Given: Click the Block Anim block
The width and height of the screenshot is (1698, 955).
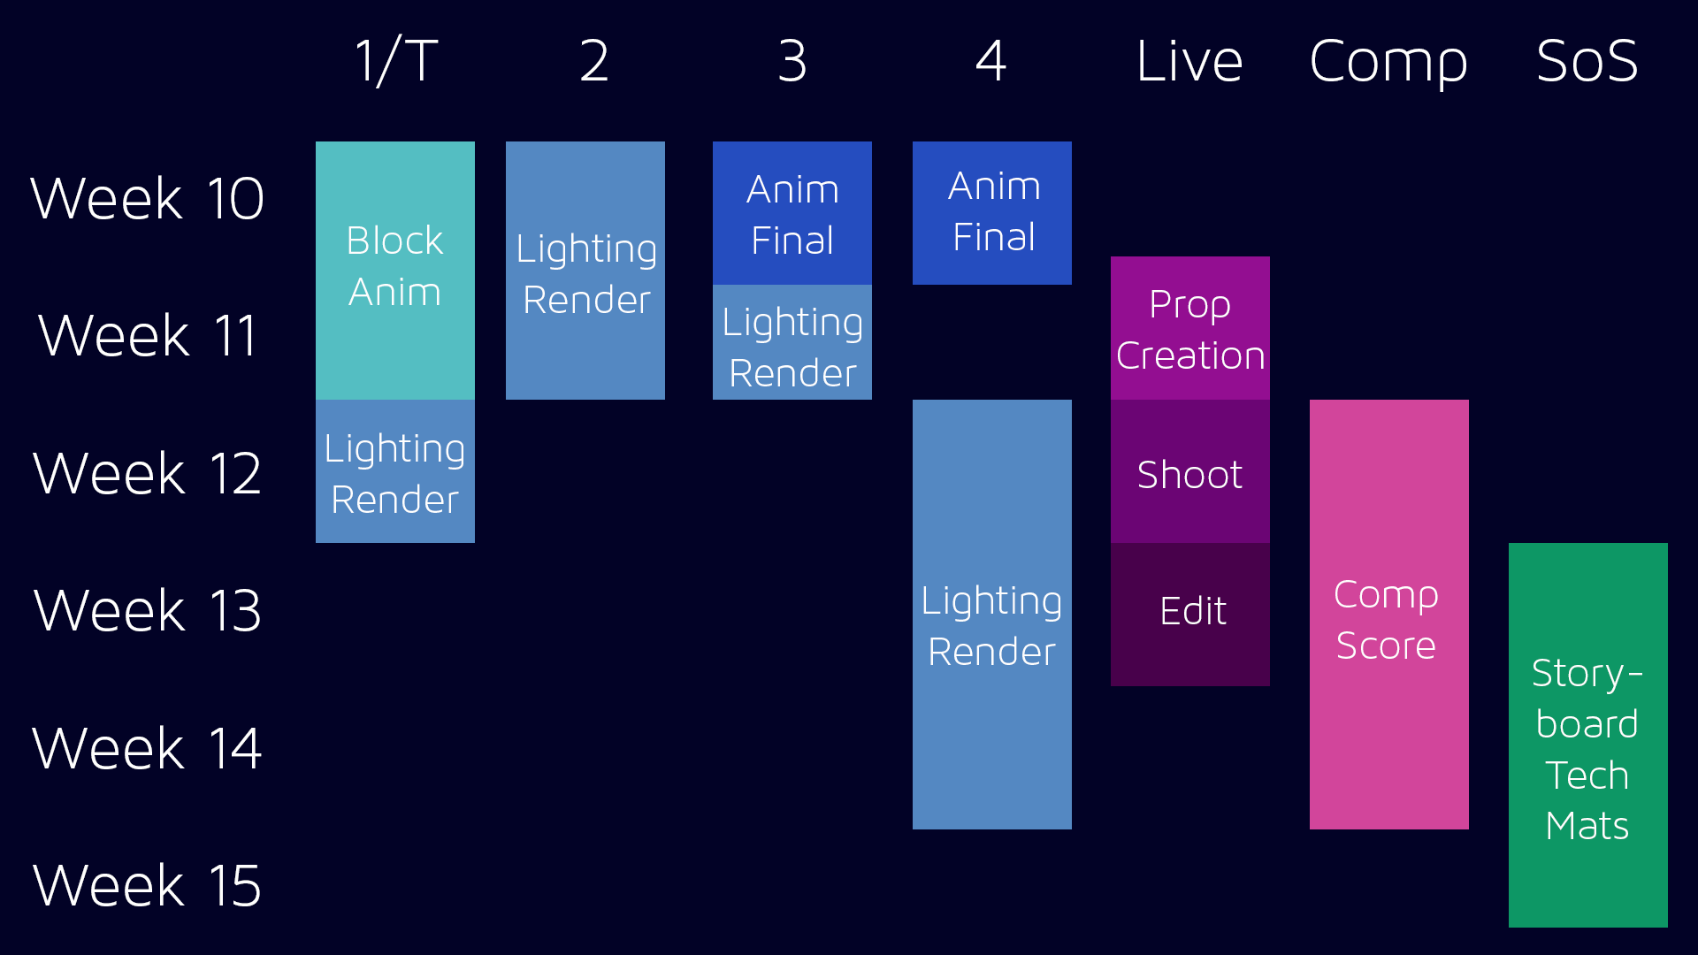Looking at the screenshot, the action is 395,271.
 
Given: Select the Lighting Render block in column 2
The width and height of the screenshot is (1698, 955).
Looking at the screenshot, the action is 585,271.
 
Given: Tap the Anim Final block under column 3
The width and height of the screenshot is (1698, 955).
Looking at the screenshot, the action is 792,213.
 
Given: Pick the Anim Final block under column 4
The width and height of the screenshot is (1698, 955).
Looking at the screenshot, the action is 992,213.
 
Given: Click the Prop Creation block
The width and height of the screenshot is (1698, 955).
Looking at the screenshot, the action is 1190,328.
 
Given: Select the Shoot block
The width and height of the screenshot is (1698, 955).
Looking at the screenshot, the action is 1190,471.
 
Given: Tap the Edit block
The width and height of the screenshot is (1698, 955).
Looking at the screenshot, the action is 1190,615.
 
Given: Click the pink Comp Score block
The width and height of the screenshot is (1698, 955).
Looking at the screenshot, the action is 1389,615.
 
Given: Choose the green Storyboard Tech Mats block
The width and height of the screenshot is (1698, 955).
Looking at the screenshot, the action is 1588,735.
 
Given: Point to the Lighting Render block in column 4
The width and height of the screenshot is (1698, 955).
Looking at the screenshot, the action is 992,615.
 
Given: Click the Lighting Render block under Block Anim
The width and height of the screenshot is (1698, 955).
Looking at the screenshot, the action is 395,471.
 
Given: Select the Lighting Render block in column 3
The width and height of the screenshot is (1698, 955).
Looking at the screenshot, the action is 792,342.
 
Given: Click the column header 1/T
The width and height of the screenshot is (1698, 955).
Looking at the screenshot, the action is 396,61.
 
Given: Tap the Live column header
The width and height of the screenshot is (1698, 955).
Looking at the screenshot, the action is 1189,61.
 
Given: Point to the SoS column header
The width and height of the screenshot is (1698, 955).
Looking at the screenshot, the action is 1587,61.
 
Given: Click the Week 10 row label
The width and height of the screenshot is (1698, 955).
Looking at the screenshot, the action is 147,198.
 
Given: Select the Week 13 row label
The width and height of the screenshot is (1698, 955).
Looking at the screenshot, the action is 147,610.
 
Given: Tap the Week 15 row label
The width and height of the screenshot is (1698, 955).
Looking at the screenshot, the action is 147,885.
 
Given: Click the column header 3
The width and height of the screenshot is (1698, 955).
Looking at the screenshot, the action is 792,61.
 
